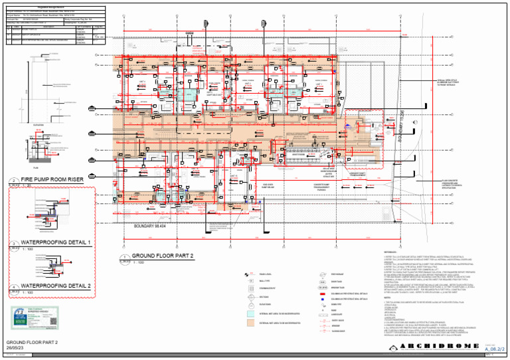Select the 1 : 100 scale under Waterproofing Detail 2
point(28,292)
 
